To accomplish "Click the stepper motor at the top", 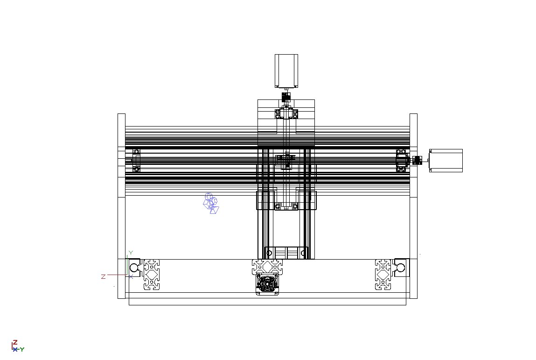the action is (x=286, y=71).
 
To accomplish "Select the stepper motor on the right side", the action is (x=446, y=161).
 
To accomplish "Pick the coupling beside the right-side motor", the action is (x=417, y=160).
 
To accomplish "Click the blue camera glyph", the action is (x=211, y=203).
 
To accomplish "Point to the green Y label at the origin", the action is (x=130, y=253).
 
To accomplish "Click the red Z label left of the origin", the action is (x=103, y=276).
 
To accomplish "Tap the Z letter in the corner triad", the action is (x=15, y=343).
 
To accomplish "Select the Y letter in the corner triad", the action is (x=22, y=349).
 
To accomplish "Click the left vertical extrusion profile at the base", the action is (x=152, y=275).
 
